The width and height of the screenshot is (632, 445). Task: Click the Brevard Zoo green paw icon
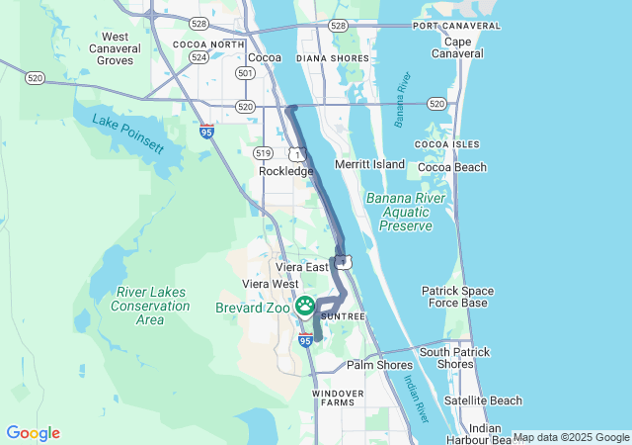306,306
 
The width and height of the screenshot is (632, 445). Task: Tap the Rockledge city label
285,171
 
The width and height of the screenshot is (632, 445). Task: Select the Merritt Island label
370,163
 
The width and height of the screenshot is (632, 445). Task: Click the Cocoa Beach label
452,167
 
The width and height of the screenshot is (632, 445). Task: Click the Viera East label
301,267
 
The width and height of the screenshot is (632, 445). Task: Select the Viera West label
271,284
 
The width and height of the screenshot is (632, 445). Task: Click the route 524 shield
198,57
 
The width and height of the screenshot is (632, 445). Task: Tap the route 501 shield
245,73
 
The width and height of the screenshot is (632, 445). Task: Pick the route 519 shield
263,152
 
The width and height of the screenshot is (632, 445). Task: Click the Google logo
33,433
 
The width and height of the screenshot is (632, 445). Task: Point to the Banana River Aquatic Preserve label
400,213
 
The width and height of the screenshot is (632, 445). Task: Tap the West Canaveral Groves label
115,48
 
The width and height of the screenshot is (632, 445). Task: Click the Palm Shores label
379,365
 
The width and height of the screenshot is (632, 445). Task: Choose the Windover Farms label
338,398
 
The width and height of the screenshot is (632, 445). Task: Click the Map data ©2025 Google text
571,437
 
